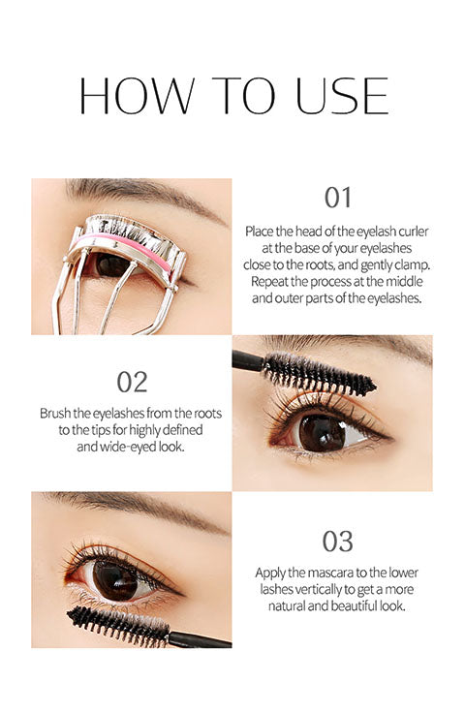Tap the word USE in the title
click(342, 96)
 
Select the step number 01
click(338, 198)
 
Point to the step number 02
click(133, 383)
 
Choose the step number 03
click(338, 542)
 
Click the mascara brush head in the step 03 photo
click(118, 626)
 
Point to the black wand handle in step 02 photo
click(248, 361)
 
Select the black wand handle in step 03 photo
click(200, 639)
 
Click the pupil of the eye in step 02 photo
click(323, 433)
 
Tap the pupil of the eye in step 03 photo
click(115, 581)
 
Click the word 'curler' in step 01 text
click(414, 232)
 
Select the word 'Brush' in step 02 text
click(55, 414)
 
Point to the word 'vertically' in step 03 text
click(319, 590)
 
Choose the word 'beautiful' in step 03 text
click(355, 606)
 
